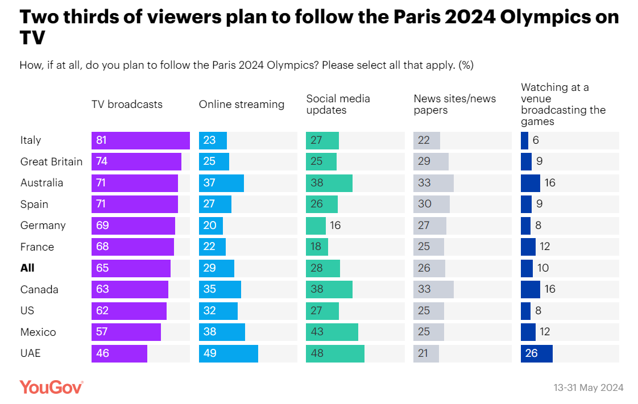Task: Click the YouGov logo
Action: coord(51,387)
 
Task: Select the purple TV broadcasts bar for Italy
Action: coord(140,140)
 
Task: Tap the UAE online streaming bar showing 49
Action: coord(228,353)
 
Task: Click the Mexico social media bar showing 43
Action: coord(332,332)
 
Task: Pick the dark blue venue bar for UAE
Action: coord(536,353)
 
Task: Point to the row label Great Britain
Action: coord(51,161)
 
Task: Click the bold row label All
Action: coord(28,268)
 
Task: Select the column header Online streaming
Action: coord(241,104)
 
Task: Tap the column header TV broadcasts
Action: coord(127,104)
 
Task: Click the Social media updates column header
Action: coord(338,104)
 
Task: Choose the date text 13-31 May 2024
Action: coord(588,388)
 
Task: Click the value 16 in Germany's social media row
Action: coord(335,226)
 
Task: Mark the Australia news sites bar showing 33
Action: coord(433,183)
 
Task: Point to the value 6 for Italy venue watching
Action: coord(535,140)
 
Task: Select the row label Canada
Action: coord(39,289)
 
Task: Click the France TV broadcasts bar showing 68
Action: coord(132,247)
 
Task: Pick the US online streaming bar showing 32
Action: coord(218,311)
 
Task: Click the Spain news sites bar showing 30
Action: coord(431,204)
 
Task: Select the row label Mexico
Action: coord(38,332)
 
